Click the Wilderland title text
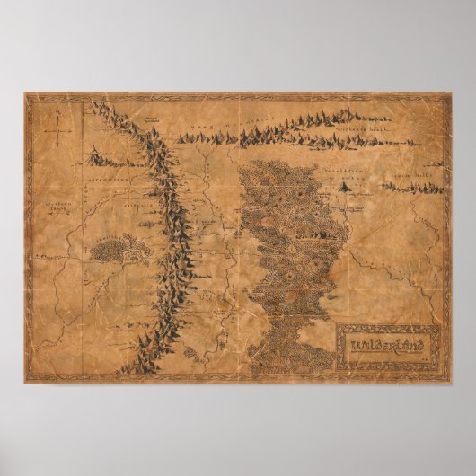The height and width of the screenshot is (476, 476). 374,343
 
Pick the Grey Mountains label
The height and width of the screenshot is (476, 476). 238,125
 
